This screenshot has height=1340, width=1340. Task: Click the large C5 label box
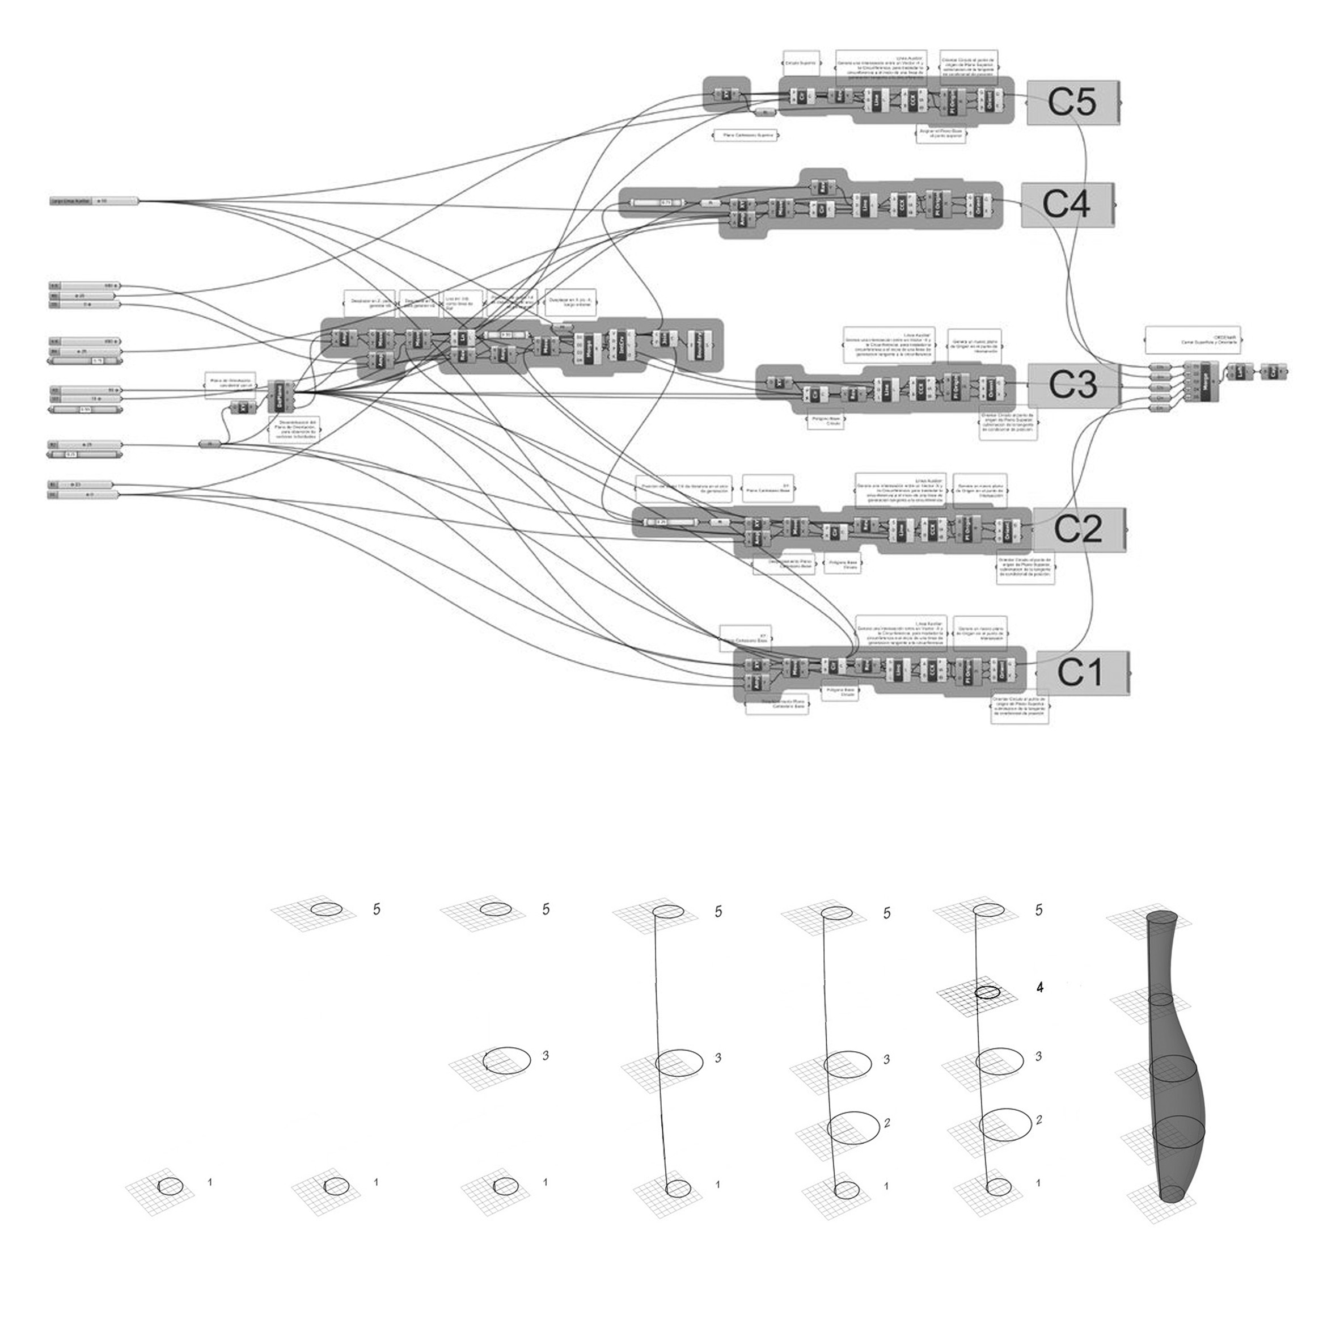tap(1072, 102)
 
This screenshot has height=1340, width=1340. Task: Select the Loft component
tap(1240, 372)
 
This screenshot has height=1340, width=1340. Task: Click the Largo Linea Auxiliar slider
tap(94, 201)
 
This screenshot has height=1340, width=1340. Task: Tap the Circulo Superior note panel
tap(800, 62)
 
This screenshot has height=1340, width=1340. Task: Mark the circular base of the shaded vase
tap(1173, 1193)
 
